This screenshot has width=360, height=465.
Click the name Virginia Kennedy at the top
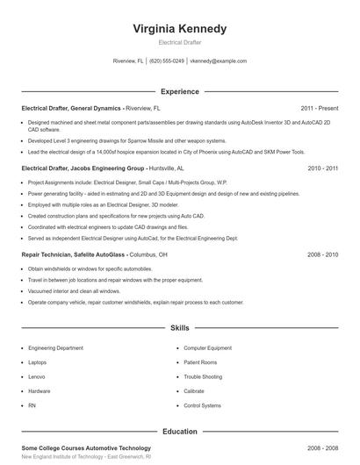(179, 29)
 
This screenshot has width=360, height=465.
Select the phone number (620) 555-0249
(166, 61)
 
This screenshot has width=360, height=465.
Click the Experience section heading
(179, 90)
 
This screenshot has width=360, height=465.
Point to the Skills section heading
(179, 327)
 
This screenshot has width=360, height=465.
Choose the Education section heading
(179, 432)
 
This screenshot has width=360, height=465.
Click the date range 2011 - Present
(319, 108)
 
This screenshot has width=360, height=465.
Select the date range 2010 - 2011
(323, 167)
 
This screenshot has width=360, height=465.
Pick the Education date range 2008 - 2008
(322, 447)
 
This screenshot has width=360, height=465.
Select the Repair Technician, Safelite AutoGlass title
(83, 254)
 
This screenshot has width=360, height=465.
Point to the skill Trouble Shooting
(202, 376)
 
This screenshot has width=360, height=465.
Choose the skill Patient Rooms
(200, 361)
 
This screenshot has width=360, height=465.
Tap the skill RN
(32, 405)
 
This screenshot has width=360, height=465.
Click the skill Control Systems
(201, 405)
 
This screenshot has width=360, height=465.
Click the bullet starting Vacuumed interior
(74, 290)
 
